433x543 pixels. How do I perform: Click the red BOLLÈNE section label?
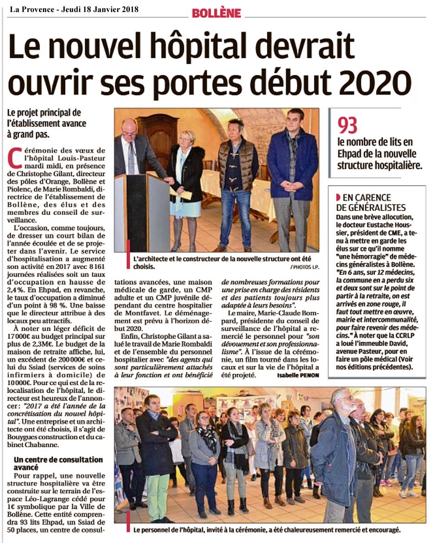(x=216, y=13)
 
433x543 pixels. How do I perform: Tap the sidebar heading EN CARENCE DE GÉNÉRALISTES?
(x=371, y=202)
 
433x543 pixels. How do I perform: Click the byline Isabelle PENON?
(x=298, y=375)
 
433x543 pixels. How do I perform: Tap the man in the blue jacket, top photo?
(x=293, y=176)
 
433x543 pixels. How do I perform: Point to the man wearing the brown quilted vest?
(x=237, y=180)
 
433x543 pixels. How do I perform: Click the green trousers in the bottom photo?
(x=158, y=495)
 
